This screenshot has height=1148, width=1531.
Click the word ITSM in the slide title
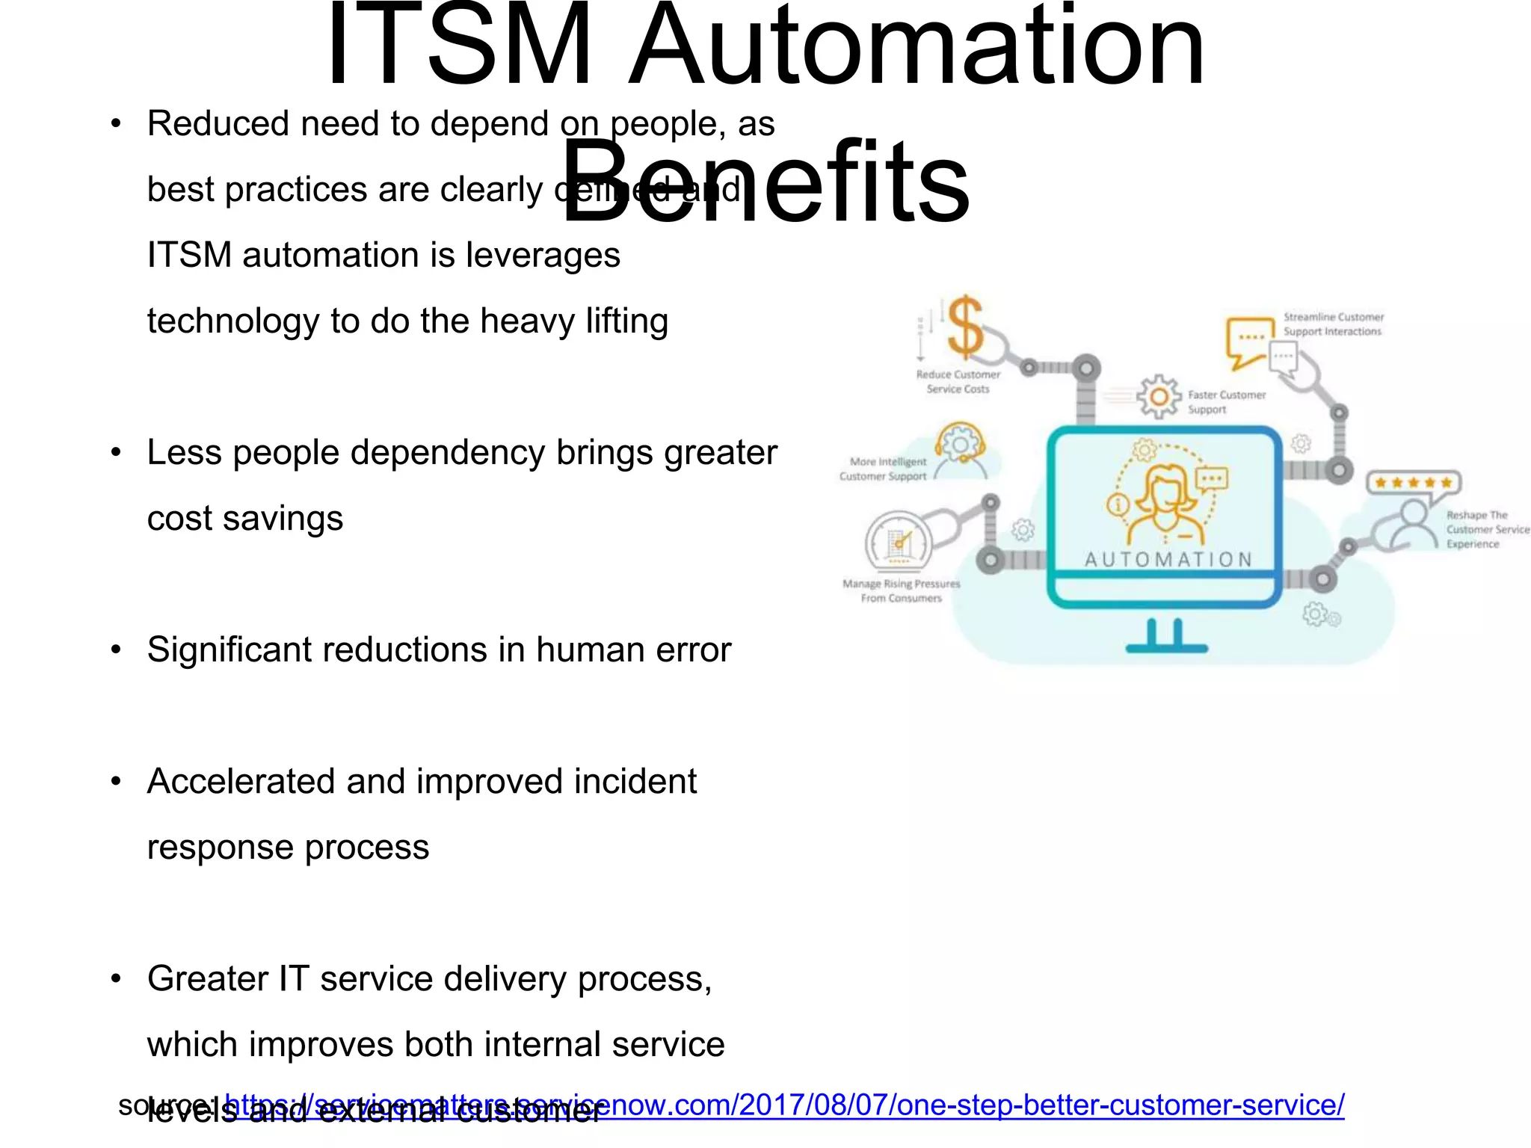pos(458,46)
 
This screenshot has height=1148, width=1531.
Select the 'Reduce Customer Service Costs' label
pos(958,382)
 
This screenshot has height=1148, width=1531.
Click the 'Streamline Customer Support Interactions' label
pos(1333,324)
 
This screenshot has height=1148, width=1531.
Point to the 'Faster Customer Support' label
pos(1226,402)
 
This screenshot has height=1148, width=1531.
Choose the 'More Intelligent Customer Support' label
pos(883,469)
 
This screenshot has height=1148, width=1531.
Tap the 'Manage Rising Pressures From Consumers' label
pos(901,590)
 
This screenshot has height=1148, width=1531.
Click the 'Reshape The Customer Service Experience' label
pos(1486,529)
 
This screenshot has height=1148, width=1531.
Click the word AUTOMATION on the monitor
pos(1168,560)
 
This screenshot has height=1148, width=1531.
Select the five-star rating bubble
pos(1413,483)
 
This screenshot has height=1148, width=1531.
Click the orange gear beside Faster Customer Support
pos(1159,396)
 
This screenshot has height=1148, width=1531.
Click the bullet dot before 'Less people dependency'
pos(116,453)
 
